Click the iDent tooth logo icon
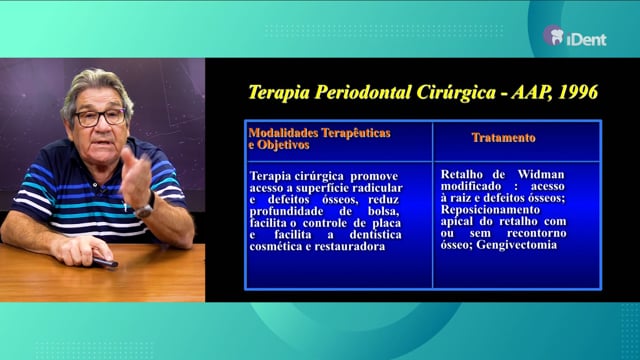click(x=554, y=35)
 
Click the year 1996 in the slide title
click(x=578, y=92)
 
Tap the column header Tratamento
click(x=503, y=138)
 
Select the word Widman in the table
click(x=541, y=174)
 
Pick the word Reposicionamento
click(x=490, y=210)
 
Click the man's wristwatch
click(x=146, y=208)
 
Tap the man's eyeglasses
click(x=100, y=118)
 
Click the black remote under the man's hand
click(x=105, y=262)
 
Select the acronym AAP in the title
click(x=532, y=92)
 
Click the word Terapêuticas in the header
click(x=356, y=133)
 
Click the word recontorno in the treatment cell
click(x=537, y=233)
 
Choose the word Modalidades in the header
click(x=283, y=133)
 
